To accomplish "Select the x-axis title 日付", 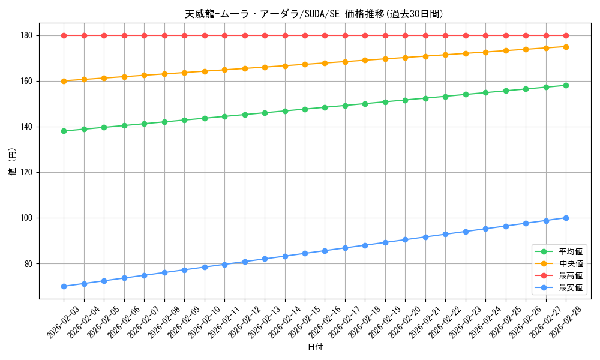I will click(315, 347).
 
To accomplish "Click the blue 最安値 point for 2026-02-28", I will click(566, 218).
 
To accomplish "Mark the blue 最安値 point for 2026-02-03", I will click(64, 286).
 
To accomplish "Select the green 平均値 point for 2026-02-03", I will click(64, 131).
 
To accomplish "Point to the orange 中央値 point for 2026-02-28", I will click(566, 47).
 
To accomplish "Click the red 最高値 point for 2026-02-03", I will click(64, 35).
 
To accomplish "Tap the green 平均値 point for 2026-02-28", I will click(566, 85).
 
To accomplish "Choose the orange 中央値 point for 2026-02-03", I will click(64, 81).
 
